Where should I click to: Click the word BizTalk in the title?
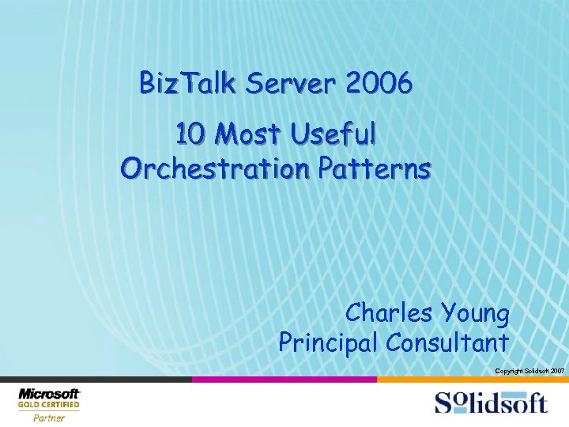[x=187, y=83]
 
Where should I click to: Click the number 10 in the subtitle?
[x=190, y=135]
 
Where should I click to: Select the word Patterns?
[x=382, y=168]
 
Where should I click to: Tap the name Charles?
[x=386, y=314]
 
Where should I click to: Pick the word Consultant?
[x=447, y=342]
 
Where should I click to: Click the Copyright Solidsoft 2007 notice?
[x=529, y=371]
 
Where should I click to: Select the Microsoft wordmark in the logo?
[x=49, y=394]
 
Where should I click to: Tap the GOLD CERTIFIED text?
[x=49, y=406]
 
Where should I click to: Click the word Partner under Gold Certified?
[x=48, y=418]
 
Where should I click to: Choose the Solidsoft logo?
[x=490, y=402]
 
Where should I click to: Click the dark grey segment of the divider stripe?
[x=95, y=380]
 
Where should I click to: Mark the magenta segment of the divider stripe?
[x=284, y=380]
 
